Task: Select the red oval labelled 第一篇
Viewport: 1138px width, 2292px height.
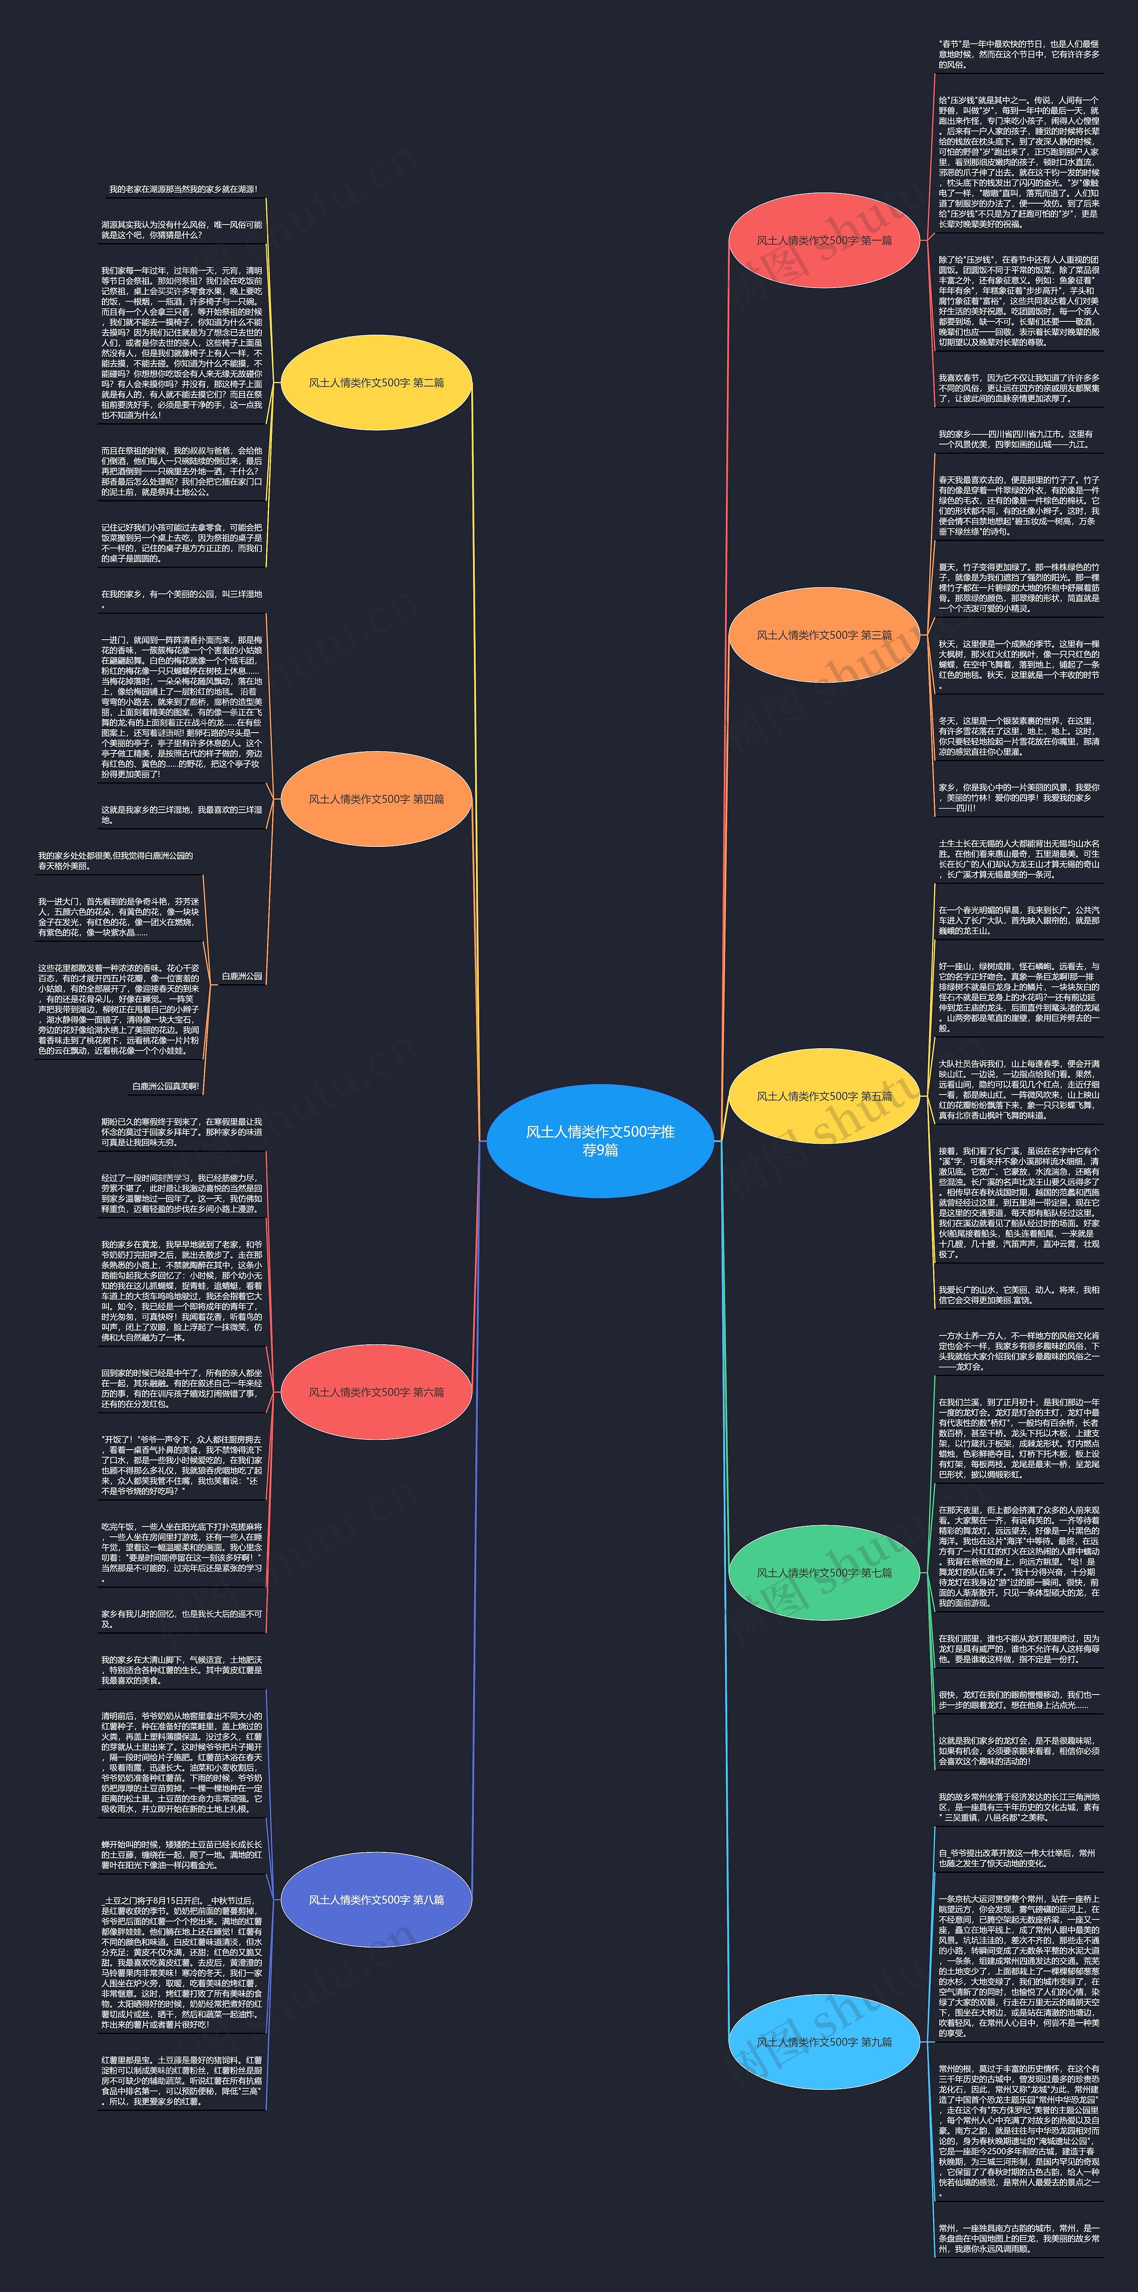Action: (824, 240)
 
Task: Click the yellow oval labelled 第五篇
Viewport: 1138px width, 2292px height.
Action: (824, 1096)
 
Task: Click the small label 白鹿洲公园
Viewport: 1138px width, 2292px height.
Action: (242, 976)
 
